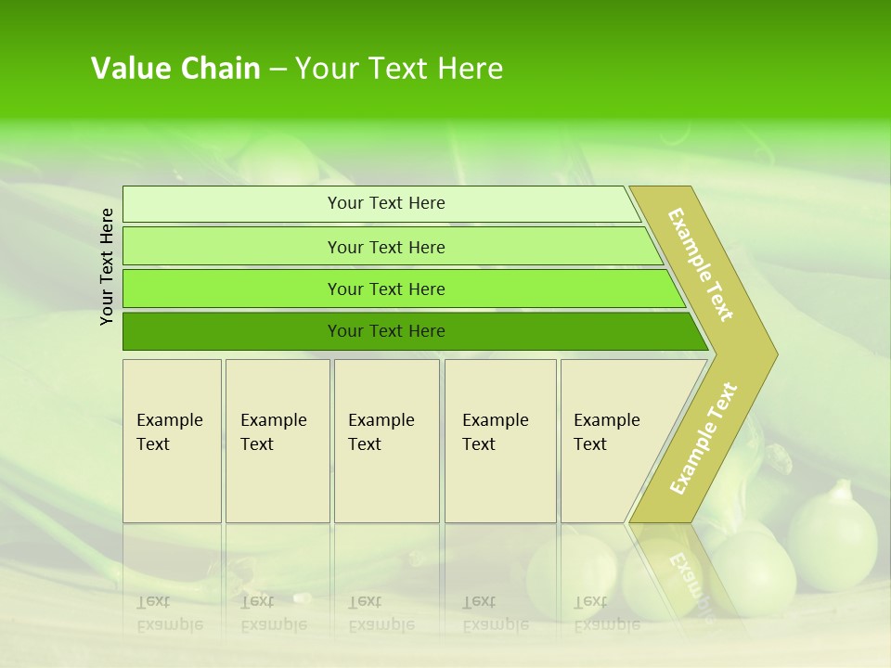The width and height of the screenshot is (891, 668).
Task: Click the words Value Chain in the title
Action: tap(175, 69)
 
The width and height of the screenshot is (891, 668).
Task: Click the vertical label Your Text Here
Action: tap(107, 266)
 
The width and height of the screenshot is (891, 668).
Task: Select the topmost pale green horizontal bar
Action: tap(232, 204)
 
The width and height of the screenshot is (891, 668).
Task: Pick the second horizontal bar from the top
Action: tap(232, 247)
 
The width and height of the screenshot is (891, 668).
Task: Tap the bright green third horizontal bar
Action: tap(232, 289)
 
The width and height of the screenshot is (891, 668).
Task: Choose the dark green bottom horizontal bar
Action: tap(232, 331)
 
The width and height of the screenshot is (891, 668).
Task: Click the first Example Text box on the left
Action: tap(172, 441)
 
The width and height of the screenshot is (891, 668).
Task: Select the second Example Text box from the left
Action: tap(277, 441)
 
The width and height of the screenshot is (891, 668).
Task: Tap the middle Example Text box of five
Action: tap(386, 441)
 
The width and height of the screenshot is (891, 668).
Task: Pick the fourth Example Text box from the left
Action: tap(500, 441)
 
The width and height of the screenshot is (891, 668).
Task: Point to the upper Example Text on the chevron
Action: tap(701, 264)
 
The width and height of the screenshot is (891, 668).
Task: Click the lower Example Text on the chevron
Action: tap(704, 438)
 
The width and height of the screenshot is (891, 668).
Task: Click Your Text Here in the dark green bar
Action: tap(386, 331)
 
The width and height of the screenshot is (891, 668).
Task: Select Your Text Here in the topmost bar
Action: tap(386, 203)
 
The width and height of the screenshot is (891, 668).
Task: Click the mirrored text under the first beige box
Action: tap(169, 613)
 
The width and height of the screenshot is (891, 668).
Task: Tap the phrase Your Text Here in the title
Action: tap(399, 69)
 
